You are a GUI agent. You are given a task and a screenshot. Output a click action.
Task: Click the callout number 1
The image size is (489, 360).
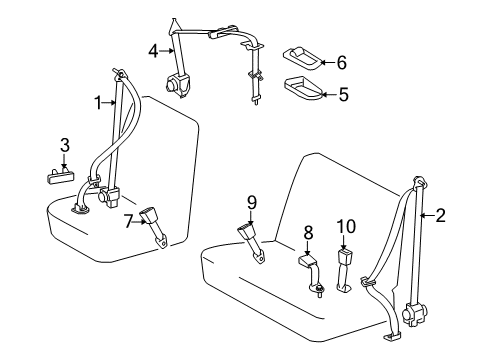(98, 101)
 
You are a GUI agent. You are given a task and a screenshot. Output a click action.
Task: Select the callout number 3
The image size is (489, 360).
(64, 147)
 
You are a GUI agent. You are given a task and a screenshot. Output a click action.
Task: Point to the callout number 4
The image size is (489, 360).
(153, 49)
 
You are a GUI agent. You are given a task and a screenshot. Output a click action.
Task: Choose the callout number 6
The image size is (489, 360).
(342, 63)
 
